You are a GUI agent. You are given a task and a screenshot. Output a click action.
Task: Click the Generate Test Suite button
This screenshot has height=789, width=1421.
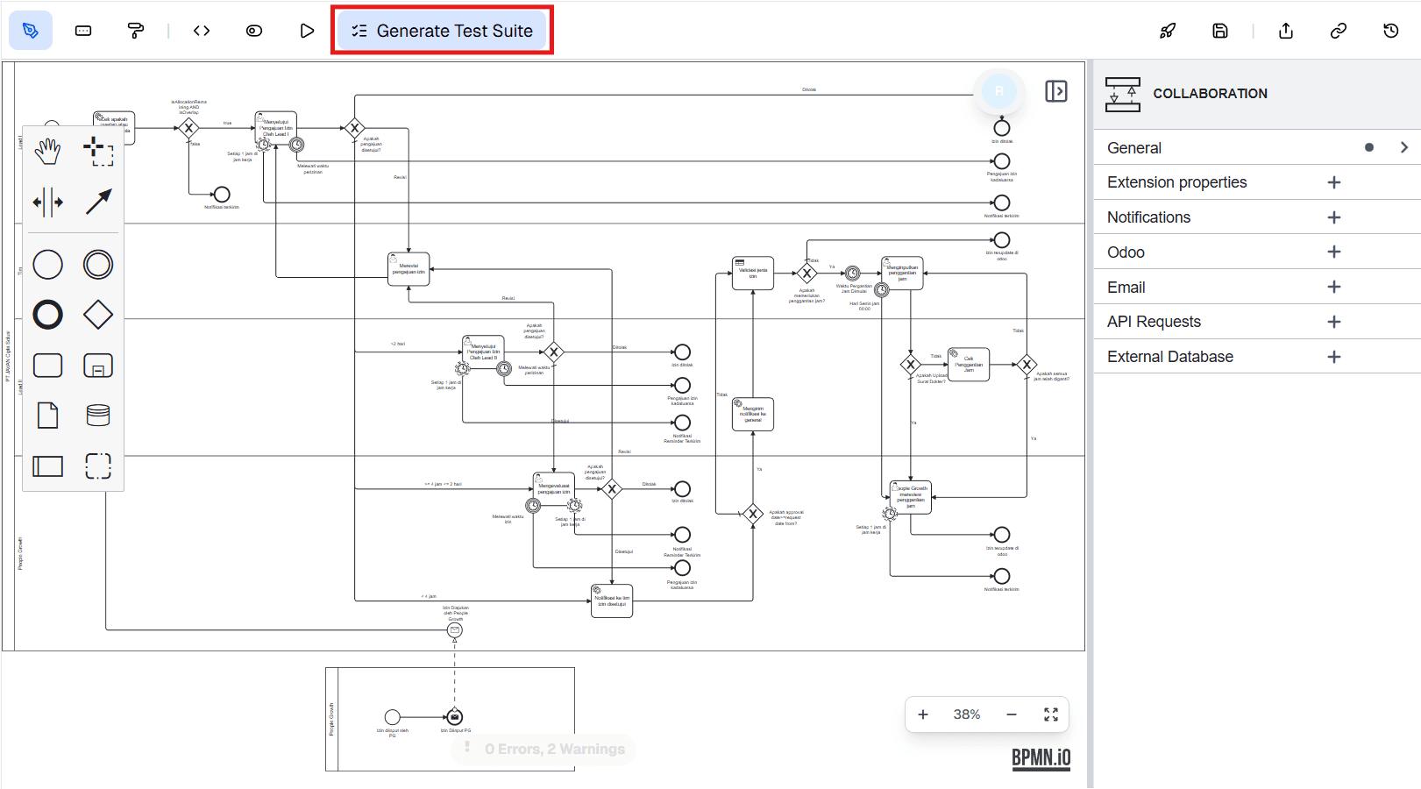click(x=442, y=31)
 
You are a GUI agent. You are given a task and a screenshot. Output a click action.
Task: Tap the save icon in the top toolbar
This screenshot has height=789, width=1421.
click(x=1219, y=31)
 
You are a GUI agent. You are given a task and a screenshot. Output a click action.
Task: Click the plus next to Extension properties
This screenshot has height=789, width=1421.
click(x=1333, y=182)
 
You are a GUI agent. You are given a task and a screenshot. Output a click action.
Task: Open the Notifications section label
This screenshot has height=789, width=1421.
click(x=1148, y=217)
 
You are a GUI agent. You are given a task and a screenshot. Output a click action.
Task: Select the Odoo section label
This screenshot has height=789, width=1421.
click(x=1126, y=252)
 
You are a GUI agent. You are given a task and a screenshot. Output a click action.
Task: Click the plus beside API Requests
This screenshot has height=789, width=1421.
click(x=1333, y=322)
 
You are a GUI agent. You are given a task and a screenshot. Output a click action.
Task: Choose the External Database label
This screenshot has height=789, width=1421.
click(x=1169, y=357)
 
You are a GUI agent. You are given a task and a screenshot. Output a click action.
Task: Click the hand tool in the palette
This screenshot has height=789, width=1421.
click(x=48, y=152)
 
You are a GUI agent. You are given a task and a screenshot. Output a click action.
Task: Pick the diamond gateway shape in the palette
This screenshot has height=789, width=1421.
click(x=98, y=315)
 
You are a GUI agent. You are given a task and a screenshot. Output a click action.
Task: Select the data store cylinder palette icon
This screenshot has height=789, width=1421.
click(x=98, y=416)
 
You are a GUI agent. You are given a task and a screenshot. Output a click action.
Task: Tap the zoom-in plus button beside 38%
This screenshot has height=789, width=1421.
click(x=923, y=714)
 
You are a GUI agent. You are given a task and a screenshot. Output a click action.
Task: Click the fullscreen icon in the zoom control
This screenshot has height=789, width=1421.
click(x=1051, y=714)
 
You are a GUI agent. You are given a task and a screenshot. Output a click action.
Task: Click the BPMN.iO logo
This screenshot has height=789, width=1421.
click(x=1041, y=757)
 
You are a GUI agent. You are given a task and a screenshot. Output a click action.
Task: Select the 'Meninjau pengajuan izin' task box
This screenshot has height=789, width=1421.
click(x=409, y=269)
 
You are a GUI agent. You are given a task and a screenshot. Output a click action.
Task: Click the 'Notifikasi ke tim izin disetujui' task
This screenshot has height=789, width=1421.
click(x=612, y=601)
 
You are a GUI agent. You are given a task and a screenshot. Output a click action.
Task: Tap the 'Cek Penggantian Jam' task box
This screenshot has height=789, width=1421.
click(x=969, y=364)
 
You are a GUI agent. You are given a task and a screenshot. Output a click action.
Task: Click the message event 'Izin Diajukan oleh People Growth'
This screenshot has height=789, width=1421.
click(x=455, y=630)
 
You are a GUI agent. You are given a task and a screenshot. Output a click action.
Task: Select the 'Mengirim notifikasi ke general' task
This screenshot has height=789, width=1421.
click(x=753, y=414)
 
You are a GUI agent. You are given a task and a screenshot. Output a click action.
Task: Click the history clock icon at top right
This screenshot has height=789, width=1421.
click(x=1390, y=31)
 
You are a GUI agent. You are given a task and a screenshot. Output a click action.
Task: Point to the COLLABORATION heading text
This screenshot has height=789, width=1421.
click(x=1210, y=94)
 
